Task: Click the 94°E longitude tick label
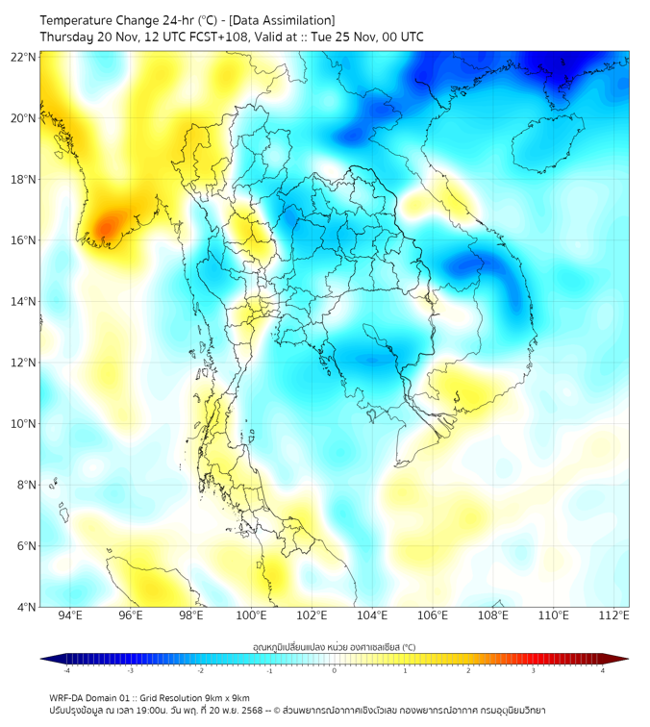[70, 615]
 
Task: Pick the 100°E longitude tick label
[251, 615]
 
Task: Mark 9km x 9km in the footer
[225, 697]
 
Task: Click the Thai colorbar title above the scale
[334, 646]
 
